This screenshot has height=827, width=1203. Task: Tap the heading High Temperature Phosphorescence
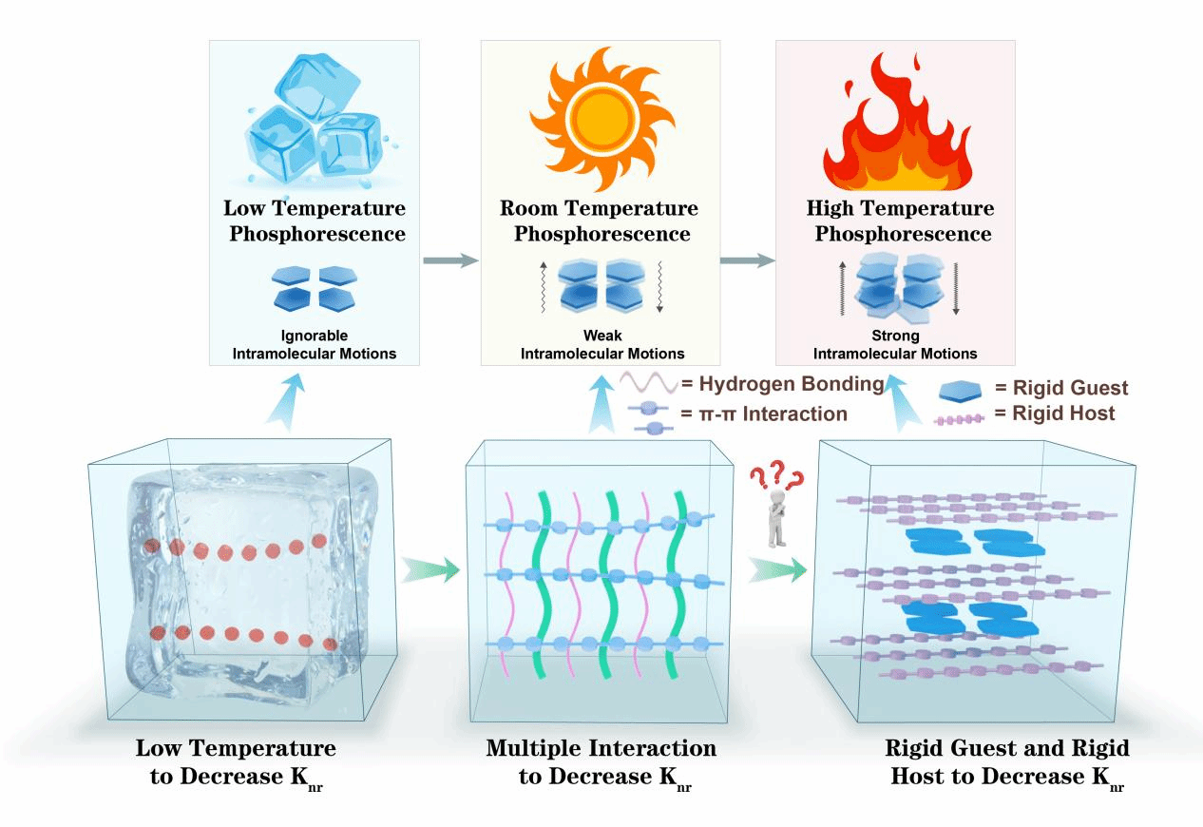pos(900,221)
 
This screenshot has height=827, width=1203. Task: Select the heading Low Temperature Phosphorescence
pos(315,221)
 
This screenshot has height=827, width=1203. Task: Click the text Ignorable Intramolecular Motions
pos(314,345)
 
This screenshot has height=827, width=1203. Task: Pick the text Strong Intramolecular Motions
pos(895,345)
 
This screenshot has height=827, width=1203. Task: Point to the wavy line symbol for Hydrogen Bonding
pos(647,385)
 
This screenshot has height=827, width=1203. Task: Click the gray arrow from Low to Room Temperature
pos(449,260)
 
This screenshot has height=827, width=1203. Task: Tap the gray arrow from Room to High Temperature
pos(747,260)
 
